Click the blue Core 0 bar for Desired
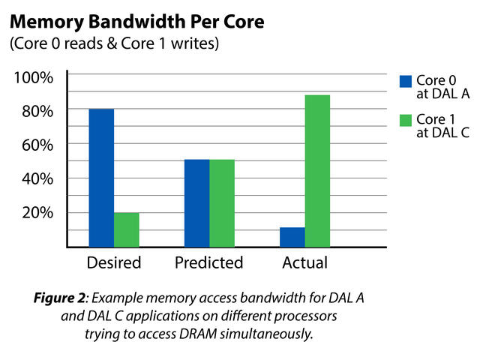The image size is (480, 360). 101,178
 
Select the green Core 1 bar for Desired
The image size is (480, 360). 126,229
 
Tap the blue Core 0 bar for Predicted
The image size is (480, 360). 197,202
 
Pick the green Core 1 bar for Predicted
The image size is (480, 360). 222,202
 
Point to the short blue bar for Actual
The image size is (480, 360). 292,236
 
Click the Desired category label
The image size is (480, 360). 113,263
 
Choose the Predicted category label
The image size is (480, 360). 209,263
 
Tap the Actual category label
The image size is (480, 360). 304,263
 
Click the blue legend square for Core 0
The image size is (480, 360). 406,82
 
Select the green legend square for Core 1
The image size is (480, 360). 406,120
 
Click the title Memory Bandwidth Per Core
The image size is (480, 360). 136,22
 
